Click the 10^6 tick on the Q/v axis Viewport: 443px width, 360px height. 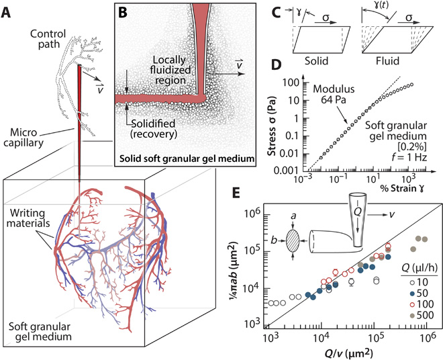coord(428,337)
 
